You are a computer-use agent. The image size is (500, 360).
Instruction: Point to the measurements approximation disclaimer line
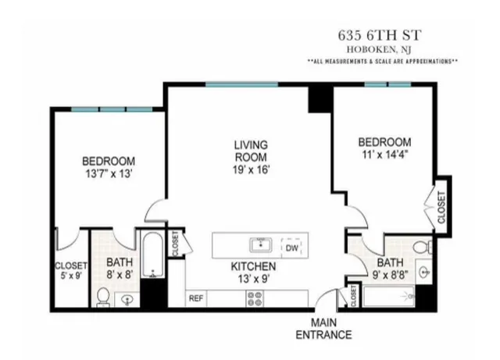(382, 61)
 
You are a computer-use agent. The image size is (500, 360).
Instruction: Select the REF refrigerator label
(195, 297)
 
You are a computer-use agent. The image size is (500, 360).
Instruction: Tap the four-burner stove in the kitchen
(255, 297)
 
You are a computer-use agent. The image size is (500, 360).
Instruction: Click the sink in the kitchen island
(260, 245)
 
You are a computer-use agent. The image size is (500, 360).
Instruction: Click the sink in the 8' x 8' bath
(127, 298)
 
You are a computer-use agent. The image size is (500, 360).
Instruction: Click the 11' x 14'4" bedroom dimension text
(384, 155)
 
